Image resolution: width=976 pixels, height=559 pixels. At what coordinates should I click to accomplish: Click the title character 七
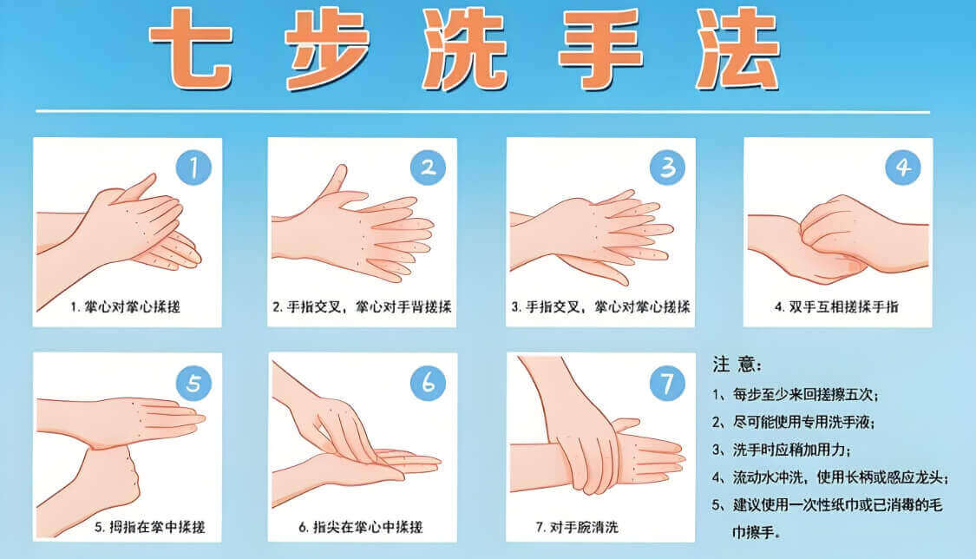[191, 49]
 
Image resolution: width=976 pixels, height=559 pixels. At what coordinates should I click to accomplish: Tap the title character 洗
[464, 49]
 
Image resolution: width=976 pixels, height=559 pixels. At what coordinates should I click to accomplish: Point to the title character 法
[737, 49]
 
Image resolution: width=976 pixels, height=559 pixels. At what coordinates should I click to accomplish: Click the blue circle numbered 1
[193, 168]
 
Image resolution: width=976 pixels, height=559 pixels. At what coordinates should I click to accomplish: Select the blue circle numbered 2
[429, 168]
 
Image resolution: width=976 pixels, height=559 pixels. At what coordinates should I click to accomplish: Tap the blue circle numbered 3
[667, 168]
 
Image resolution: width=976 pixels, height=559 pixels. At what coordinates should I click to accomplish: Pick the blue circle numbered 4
[903, 168]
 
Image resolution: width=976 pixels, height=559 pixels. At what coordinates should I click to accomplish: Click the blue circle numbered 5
[193, 383]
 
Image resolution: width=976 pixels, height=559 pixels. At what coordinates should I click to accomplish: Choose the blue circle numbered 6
[429, 383]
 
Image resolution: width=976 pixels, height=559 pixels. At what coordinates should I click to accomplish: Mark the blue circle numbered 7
[667, 384]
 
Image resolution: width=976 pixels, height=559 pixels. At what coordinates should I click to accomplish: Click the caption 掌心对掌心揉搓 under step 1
[133, 306]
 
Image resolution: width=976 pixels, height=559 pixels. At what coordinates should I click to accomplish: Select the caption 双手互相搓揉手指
[843, 306]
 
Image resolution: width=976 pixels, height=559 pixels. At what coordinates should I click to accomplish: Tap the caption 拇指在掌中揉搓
[157, 527]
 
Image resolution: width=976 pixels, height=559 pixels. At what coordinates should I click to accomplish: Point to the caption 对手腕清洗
[584, 527]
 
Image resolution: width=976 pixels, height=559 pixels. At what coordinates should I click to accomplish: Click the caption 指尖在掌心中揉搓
[367, 527]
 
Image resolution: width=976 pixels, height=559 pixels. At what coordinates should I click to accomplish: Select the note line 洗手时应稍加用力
[790, 450]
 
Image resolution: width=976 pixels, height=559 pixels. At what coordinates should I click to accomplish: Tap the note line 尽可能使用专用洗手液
[802, 422]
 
